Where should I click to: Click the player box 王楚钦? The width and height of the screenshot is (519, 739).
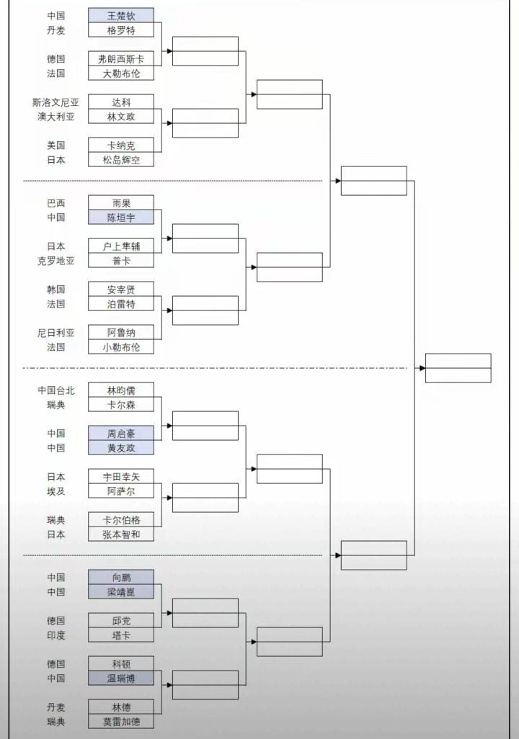pos(121,15)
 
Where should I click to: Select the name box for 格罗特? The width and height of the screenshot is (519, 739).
pos(121,30)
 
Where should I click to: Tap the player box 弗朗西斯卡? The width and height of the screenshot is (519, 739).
pos(121,58)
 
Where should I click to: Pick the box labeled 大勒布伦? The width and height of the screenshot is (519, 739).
pos(121,73)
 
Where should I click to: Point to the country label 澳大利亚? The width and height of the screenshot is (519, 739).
pos(56,117)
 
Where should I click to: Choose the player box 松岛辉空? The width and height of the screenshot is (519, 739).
pos(121,160)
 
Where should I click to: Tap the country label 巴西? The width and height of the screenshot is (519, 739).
pos(56,203)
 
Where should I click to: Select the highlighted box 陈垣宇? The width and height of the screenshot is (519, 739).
pos(121,218)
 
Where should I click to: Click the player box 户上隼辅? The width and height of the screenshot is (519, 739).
pos(121,246)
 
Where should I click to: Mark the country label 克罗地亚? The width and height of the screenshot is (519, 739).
pos(56,261)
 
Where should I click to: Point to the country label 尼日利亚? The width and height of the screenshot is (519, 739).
pos(56,333)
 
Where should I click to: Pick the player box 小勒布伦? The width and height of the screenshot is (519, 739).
pos(121,347)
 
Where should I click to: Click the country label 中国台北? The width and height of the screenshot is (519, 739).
pos(56,390)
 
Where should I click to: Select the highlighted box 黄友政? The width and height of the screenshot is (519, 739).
pos(121,448)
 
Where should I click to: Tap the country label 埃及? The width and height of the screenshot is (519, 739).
pos(56,491)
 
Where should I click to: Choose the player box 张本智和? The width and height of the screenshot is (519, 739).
pos(121,534)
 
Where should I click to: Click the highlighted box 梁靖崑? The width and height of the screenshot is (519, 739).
pos(121,592)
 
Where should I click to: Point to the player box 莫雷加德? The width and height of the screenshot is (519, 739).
pos(121,722)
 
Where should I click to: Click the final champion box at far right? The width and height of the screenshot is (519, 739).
pos(458,367)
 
